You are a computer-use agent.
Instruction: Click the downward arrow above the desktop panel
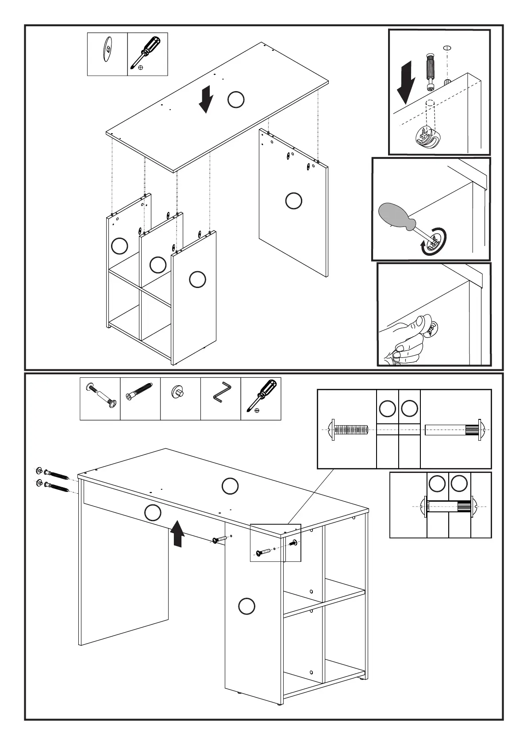pyautogui.click(x=205, y=100)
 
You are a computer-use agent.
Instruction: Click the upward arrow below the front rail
pyautogui.click(x=177, y=533)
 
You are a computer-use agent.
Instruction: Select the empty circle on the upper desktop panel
pyautogui.click(x=236, y=100)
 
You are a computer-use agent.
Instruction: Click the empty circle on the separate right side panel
pyautogui.click(x=293, y=200)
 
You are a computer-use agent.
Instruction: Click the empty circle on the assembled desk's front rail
pyautogui.click(x=153, y=512)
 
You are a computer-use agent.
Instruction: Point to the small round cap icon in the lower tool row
pyautogui.click(x=179, y=392)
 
